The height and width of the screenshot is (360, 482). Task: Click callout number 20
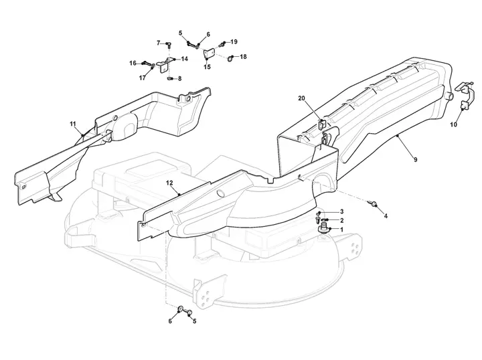pos(301,98)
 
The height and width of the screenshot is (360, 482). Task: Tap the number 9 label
pos(416,159)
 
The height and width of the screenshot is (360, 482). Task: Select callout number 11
pos(72,124)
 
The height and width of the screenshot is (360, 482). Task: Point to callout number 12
pos(169,183)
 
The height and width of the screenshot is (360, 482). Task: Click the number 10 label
pos(453,124)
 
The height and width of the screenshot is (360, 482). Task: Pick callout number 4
pos(386,216)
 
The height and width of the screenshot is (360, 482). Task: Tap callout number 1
pos(341,229)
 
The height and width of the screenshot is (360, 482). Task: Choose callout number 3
pos(341,211)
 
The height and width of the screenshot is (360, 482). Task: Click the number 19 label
pos(234,41)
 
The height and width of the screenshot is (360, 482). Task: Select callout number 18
pos(243,57)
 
